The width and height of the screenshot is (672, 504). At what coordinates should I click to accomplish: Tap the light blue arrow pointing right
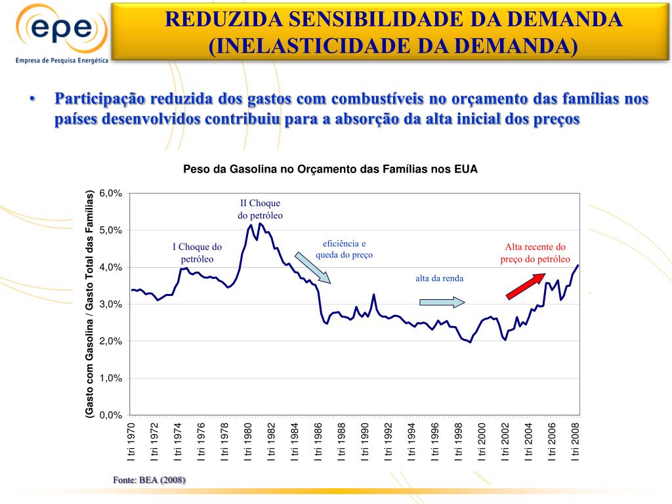tap(442, 302)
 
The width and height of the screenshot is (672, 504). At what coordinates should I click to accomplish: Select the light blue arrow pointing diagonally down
tap(312, 267)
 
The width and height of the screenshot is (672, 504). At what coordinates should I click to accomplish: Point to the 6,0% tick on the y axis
tap(110, 194)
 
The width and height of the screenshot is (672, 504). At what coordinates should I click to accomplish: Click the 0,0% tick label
tap(110, 415)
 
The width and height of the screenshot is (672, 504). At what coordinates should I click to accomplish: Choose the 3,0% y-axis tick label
tap(110, 304)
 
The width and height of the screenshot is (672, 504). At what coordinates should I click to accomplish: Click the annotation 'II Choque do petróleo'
tap(260, 209)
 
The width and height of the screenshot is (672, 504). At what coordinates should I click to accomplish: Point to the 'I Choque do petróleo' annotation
tap(198, 253)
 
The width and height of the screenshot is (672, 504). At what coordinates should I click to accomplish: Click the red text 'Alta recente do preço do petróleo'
tap(535, 253)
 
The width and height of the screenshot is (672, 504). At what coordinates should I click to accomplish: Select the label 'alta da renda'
tap(439, 278)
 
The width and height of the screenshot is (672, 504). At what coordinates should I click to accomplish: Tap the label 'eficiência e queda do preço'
tap(344, 249)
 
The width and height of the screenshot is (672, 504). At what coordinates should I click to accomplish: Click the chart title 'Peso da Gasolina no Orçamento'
tap(330, 169)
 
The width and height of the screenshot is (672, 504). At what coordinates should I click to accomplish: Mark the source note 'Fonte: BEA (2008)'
tap(150, 480)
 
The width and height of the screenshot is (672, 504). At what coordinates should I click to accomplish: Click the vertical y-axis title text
tap(90, 303)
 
